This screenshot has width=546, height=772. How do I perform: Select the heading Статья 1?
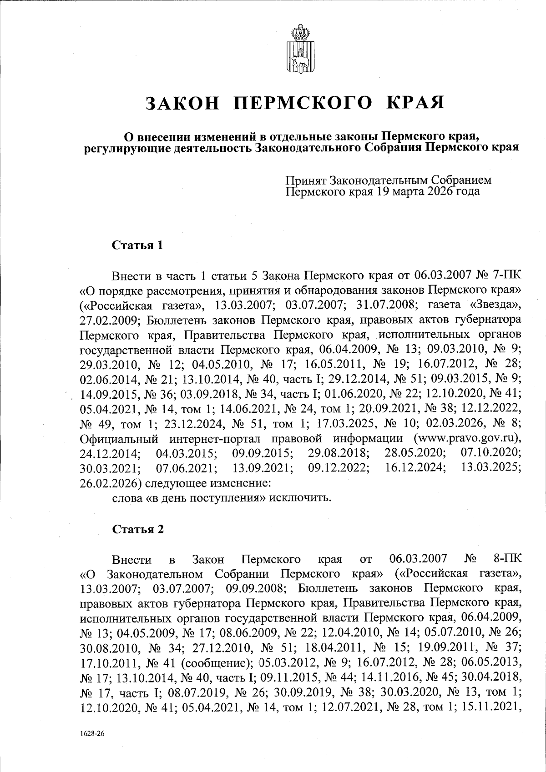click(137, 246)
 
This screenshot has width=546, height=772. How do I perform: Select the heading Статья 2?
click(137, 529)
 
